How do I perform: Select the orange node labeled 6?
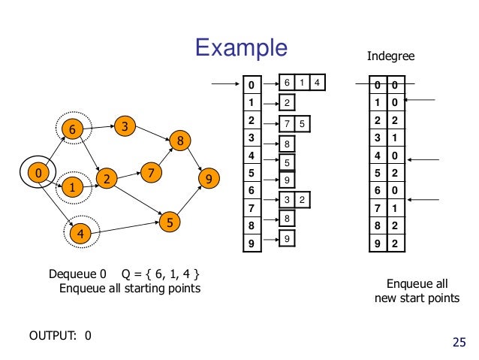(72, 129)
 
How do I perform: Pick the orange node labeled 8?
(180, 141)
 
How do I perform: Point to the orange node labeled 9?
(209, 179)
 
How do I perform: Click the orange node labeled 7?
(152, 173)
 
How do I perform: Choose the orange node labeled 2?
(108, 180)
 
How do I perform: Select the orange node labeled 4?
(80, 234)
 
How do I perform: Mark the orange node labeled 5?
(171, 222)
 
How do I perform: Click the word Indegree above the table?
(390, 56)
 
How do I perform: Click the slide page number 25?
(459, 343)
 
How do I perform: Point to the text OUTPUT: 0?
(60, 335)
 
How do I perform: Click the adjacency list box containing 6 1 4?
(303, 82)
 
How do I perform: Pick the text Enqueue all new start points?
(417, 292)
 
